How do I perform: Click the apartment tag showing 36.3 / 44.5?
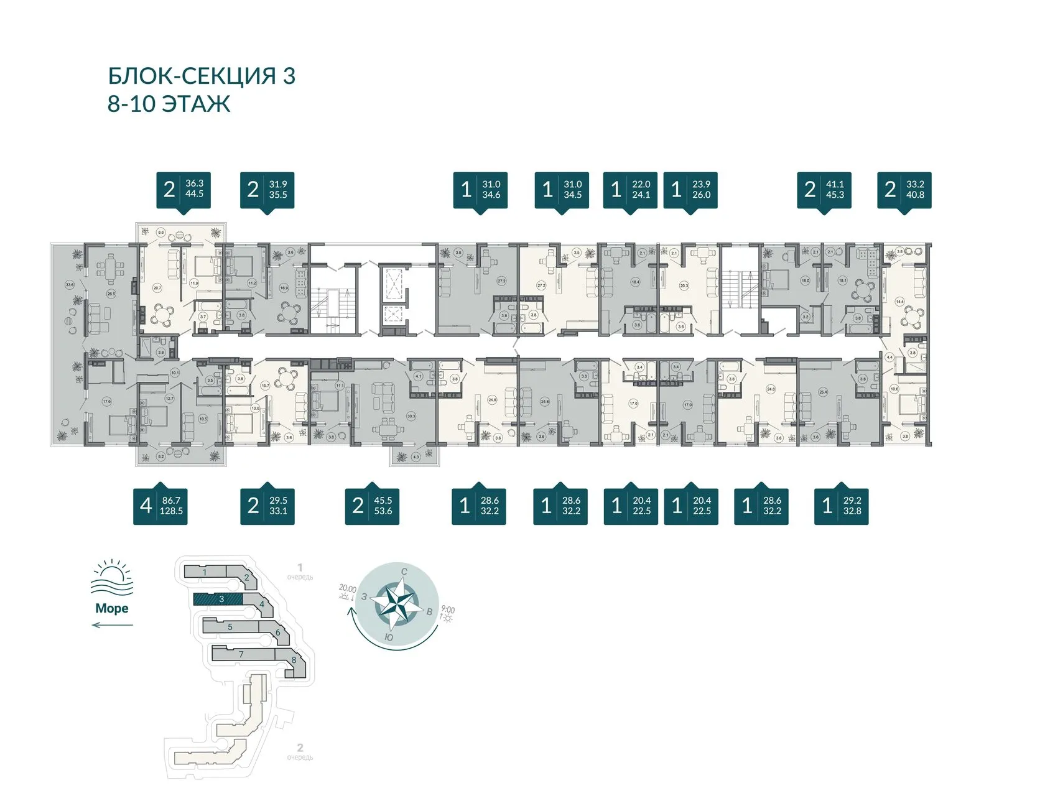point(182,190)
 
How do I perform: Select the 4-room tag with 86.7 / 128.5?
point(160,506)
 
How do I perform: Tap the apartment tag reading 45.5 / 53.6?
point(372,506)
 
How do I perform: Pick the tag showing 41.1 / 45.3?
point(824,190)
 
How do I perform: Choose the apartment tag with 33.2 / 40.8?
point(904,190)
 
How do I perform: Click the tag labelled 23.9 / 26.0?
point(690,190)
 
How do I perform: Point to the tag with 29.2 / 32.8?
point(841,506)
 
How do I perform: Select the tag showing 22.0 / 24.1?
point(630,190)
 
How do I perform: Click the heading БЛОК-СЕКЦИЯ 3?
point(202,76)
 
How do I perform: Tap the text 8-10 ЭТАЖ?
point(169,104)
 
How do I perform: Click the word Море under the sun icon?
point(112,608)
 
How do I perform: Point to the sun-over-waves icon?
point(112,579)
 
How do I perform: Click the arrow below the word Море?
point(112,624)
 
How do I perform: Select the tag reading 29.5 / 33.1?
point(267,506)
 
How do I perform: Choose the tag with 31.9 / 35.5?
point(267,190)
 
